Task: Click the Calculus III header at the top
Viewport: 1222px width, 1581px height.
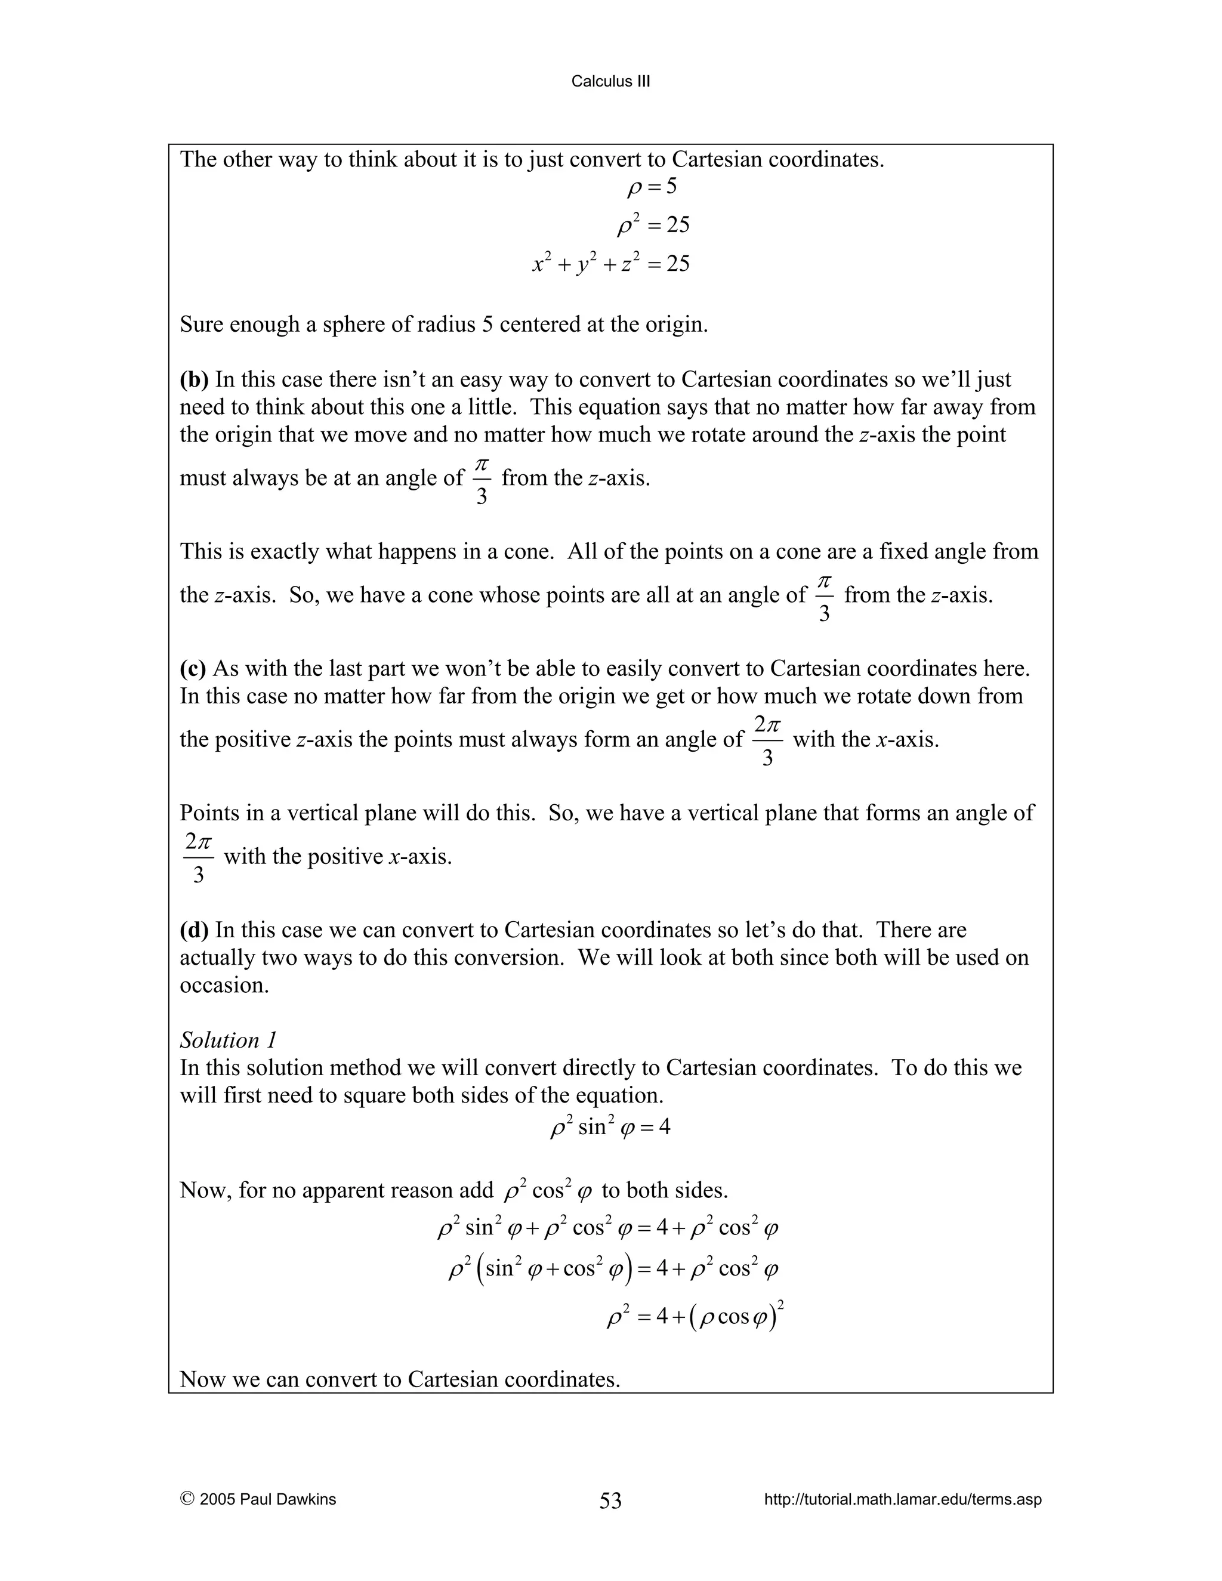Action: [x=610, y=82]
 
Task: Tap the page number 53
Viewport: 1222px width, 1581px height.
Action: [x=610, y=1500]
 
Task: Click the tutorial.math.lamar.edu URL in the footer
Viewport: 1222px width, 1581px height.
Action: [x=903, y=1499]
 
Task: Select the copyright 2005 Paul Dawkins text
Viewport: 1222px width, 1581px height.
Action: [x=258, y=1499]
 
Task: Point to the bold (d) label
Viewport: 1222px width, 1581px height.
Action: [x=194, y=930]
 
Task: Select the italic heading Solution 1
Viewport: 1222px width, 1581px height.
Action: [x=228, y=1040]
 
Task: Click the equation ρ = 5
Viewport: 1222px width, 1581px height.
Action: [x=652, y=187]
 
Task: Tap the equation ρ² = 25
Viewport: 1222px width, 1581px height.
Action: [x=653, y=225]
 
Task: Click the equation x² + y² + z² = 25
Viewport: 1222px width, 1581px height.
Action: [x=611, y=264]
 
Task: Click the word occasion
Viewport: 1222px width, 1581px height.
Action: [x=224, y=985]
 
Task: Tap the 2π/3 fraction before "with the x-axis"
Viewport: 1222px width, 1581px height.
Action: [x=767, y=740]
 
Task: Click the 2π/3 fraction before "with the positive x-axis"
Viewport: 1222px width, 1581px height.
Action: [x=198, y=857]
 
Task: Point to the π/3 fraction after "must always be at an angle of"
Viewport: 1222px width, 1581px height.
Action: [x=482, y=479]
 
